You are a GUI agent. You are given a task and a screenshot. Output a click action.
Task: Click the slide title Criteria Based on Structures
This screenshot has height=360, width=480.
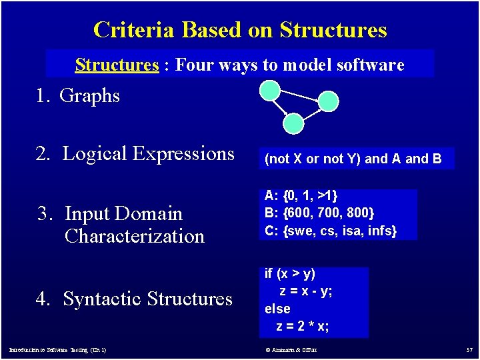pos(240,30)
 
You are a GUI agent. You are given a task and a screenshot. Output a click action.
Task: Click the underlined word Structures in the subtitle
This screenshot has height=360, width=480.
pos(117,65)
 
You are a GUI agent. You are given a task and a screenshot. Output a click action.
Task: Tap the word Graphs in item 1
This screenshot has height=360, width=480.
pos(89,96)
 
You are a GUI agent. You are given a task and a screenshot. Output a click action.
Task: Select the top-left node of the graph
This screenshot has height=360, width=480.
pos(270,90)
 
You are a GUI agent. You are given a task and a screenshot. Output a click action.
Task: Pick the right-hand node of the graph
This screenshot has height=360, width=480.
pos(328,101)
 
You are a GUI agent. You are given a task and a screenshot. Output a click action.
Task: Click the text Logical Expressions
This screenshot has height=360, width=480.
pos(148,154)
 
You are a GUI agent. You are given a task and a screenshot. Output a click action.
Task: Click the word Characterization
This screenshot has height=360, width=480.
pos(135,236)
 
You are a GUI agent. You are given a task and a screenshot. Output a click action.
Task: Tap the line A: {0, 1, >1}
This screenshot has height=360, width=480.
pos(301,196)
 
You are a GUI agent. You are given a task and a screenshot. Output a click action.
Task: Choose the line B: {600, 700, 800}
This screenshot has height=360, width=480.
pos(320,213)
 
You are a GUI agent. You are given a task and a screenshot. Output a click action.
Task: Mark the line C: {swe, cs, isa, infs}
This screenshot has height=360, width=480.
pos(331,231)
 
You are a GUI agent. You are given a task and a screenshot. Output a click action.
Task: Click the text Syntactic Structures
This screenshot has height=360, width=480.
pos(147,299)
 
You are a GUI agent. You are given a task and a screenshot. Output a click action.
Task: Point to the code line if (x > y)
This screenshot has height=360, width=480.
pos(290,273)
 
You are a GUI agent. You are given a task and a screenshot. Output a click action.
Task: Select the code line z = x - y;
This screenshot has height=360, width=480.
pos(306,291)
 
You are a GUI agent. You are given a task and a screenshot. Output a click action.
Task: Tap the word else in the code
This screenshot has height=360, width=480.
pos(277,309)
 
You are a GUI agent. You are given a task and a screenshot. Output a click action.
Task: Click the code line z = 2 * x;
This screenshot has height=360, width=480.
pos(303,326)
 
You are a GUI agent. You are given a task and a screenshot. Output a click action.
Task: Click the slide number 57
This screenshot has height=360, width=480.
pos(469,350)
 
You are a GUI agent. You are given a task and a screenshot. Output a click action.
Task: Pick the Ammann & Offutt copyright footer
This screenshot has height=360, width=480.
pos(291,350)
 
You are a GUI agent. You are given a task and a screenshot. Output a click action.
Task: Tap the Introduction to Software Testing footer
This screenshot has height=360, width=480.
pos(57,350)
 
